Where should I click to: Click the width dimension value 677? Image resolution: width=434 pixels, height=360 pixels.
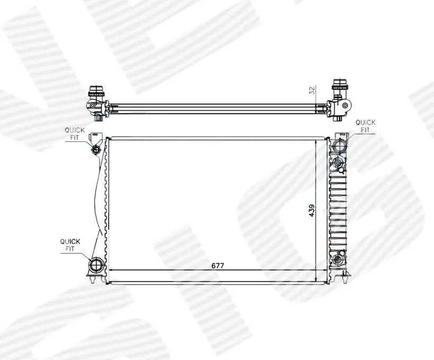[x=218, y=266]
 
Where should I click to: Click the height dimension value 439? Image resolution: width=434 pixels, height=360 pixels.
[x=312, y=211]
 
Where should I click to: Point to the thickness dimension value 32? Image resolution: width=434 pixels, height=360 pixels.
[x=312, y=91]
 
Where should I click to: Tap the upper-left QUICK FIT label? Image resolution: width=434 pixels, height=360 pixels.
[x=75, y=133]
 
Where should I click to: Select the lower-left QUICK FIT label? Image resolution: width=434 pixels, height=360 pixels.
[x=70, y=245]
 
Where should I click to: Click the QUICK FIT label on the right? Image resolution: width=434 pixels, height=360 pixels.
[x=365, y=126]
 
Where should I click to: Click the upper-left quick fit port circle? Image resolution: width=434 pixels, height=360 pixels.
[x=96, y=149]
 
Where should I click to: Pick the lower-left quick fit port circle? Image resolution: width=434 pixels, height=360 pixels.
[x=96, y=265]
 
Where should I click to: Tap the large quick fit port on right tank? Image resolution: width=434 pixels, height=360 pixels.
[x=339, y=146]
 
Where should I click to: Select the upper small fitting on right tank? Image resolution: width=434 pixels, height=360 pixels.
[x=338, y=163]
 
